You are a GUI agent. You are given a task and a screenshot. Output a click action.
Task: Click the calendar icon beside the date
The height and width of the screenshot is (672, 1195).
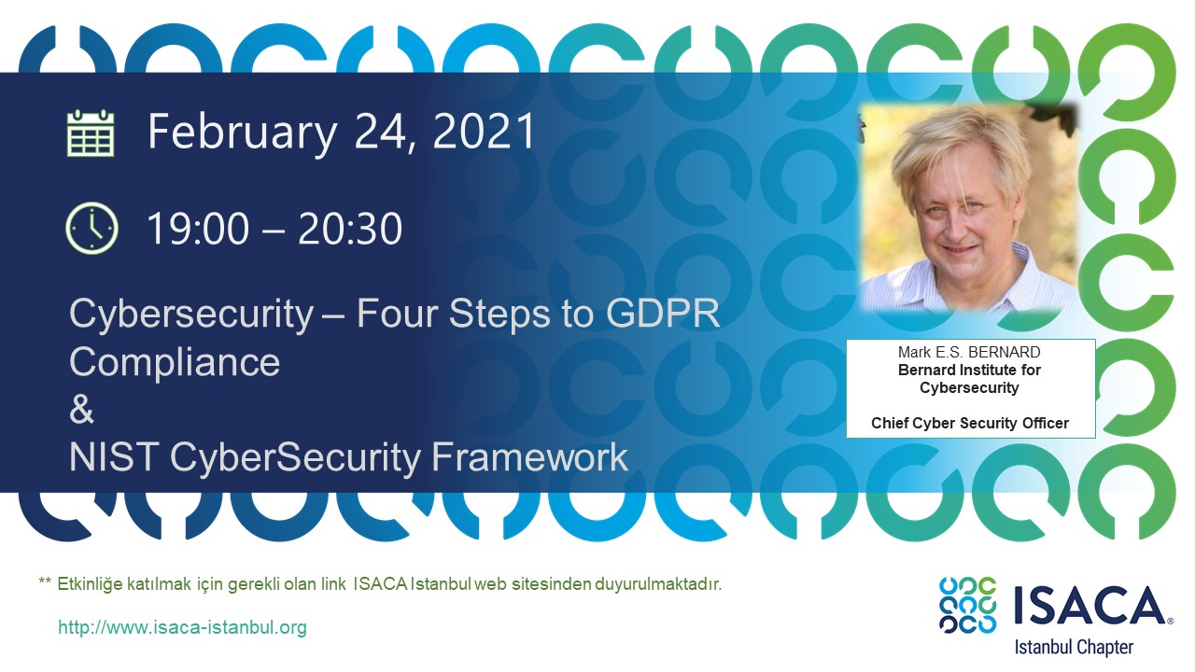[91, 133]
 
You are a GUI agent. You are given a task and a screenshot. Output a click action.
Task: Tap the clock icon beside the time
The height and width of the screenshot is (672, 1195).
[91, 228]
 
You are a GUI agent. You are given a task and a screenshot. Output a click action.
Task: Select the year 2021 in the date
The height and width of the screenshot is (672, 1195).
[485, 132]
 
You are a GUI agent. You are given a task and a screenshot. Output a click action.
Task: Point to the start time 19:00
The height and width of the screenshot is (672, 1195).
[198, 229]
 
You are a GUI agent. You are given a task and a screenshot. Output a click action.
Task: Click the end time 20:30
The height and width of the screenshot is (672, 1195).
[350, 229]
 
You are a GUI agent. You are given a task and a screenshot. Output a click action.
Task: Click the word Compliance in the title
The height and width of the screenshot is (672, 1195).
[175, 362]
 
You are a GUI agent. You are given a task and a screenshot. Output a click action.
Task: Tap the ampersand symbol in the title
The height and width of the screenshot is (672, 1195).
[81, 409]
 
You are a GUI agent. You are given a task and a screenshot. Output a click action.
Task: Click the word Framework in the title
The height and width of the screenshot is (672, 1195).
[529, 457]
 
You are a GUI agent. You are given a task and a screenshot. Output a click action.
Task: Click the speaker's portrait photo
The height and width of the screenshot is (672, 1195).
[968, 207]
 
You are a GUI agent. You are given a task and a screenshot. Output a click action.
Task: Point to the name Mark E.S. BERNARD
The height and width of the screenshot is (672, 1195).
[969, 352]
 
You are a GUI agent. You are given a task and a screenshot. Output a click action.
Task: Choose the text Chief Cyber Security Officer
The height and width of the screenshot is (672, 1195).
[970, 423]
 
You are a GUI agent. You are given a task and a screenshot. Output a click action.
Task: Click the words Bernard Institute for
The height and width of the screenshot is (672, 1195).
[969, 370]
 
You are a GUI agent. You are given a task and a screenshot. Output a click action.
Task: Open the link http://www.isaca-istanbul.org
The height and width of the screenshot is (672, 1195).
[182, 627]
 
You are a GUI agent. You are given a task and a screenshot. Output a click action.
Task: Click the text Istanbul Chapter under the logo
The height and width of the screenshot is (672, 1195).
[1074, 647]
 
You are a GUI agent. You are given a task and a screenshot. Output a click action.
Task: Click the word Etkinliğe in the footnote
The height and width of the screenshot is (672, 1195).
[91, 584]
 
